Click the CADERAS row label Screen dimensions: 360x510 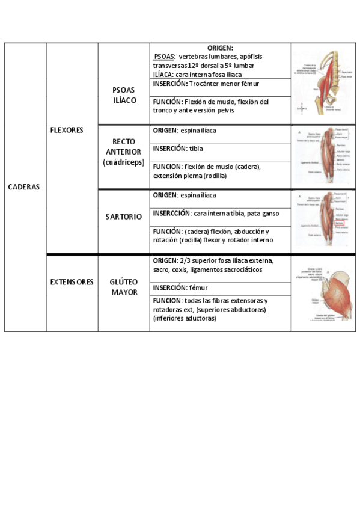(24, 186)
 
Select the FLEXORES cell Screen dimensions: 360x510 (67, 130)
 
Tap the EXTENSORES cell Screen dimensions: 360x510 (72, 281)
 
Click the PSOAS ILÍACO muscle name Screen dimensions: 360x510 (124, 95)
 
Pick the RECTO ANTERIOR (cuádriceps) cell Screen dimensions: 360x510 (124, 152)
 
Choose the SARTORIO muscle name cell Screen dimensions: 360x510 (124, 217)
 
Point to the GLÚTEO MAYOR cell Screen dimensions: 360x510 (124, 287)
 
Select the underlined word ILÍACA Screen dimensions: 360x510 (163, 74)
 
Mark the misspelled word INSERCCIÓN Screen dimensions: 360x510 (171, 214)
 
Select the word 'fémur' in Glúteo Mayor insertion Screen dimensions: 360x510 (198, 288)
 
